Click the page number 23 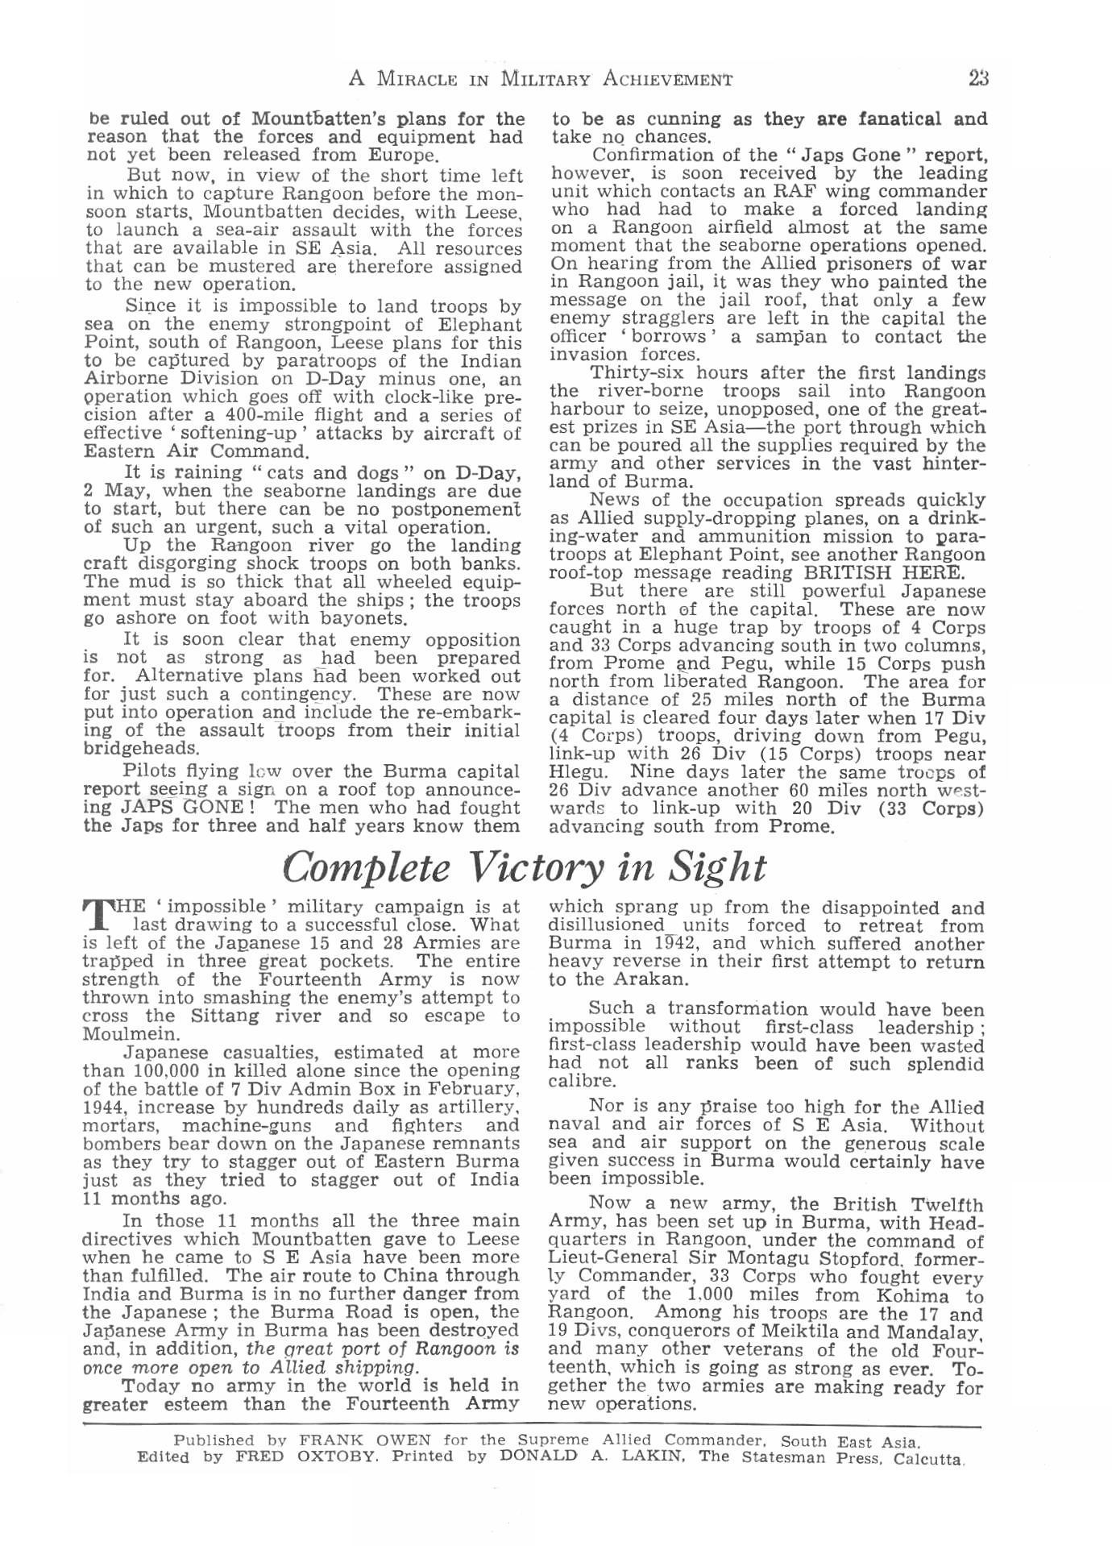pos(978,78)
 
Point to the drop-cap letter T pos(97,914)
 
